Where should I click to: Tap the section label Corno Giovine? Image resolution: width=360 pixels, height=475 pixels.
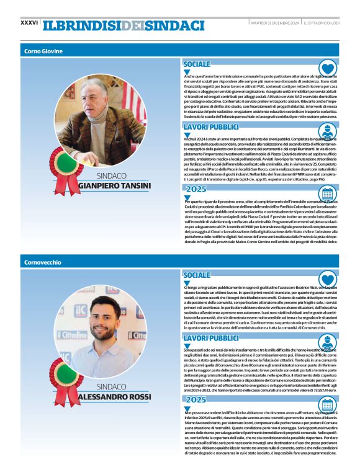[x=43, y=50]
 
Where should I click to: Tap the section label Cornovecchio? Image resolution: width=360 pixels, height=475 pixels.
[x=43, y=262]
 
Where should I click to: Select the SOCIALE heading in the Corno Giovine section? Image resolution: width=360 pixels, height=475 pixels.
[x=197, y=64]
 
